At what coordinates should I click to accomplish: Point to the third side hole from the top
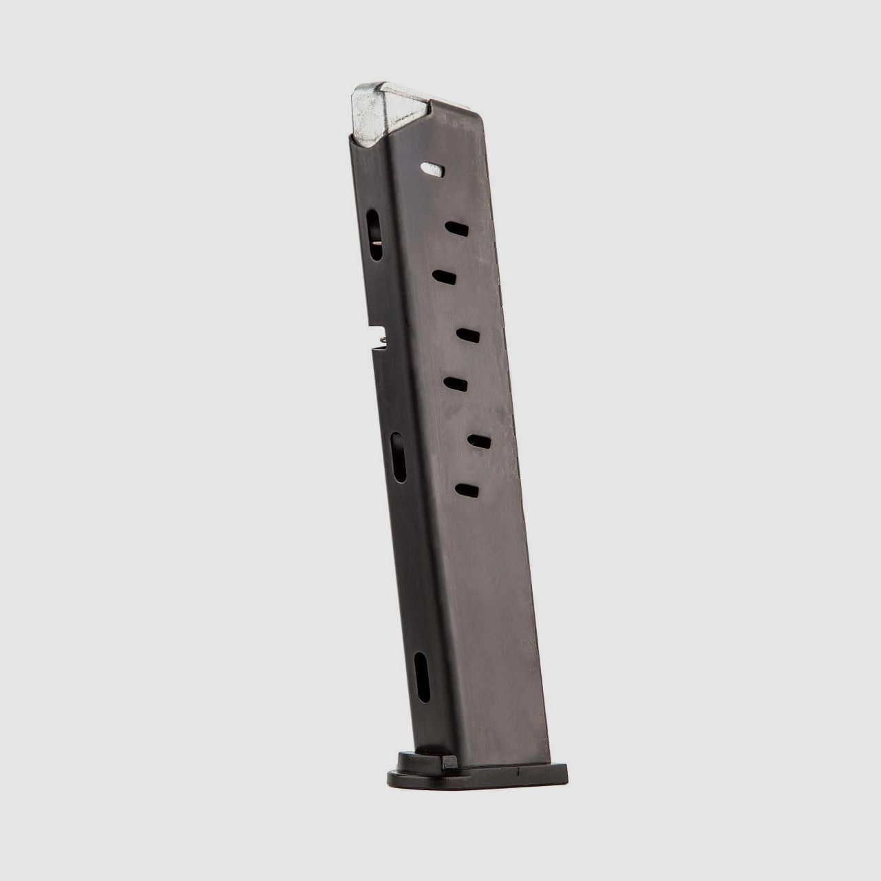pyautogui.click(x=445, y=276)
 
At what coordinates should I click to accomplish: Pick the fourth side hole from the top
pyautogui.click(x=467, y=335)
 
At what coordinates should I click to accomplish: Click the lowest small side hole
pyautogui.click(x=467, y=490)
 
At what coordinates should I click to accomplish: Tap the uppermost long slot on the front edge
pyautogui.click(x=374, y=233)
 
